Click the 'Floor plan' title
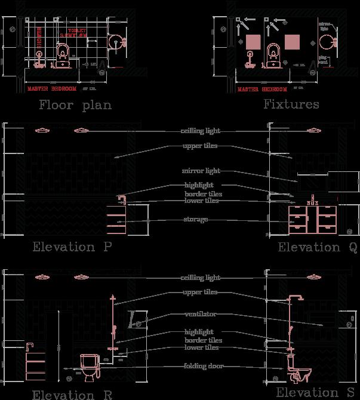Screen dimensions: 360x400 tap(75, 106)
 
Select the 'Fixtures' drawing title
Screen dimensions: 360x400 tap(291, 104)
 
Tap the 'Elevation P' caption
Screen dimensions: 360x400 tap(71, 247)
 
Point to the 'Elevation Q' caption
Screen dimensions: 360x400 tap(317, 247)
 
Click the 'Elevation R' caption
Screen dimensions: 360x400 tap(71, 395)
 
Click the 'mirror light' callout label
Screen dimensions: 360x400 tap(201, 171)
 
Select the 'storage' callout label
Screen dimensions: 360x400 tap(195, 220)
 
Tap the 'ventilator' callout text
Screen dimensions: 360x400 tap(201, 314)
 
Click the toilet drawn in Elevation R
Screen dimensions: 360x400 tap(88, 366)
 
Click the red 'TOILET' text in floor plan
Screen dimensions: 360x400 tap(78, 30)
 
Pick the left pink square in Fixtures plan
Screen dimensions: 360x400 tap(253, 42)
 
